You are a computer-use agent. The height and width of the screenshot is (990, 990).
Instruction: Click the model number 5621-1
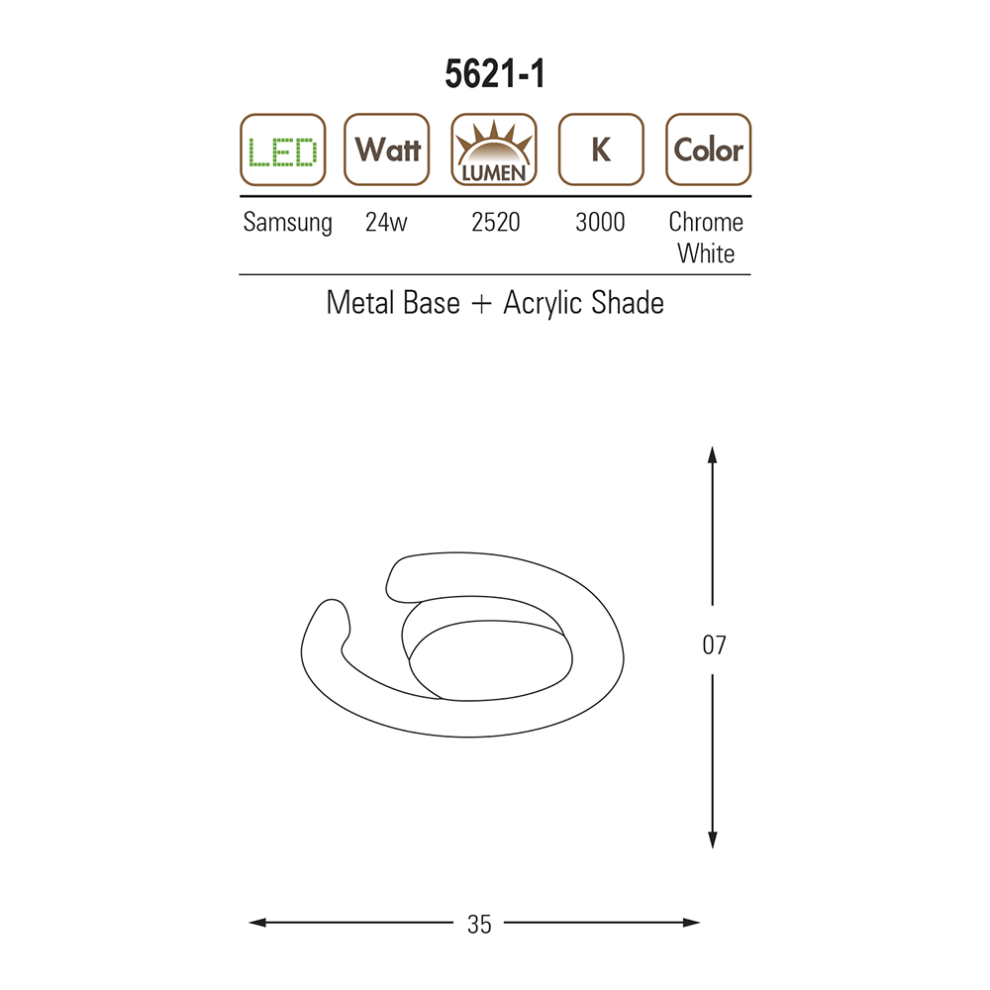pyautogui.click(x=494, y=74)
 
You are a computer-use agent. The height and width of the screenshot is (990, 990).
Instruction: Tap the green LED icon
pyautogui.click(x=283, y=149)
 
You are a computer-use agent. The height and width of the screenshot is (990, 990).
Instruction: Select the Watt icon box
pyautogui.click(x=386, y=149)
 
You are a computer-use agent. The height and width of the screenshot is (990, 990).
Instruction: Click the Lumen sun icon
pyautogui.click(x=494, y=149)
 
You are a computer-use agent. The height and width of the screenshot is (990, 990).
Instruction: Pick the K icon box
pyautogui.click(x=601, y=149)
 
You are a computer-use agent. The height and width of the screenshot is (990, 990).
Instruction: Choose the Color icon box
pyautogui.click(x=709, y=149)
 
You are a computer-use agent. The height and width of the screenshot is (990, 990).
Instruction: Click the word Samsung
pyautogui.click(x=288, y=223)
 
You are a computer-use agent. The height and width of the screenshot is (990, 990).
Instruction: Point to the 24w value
pyautogui.click(x=386, y=222)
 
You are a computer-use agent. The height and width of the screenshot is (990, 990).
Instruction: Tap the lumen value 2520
pyautogui.click(x=496, y=222)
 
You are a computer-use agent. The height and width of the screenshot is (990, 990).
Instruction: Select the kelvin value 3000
pyautogui.click(x=600, y=222)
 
